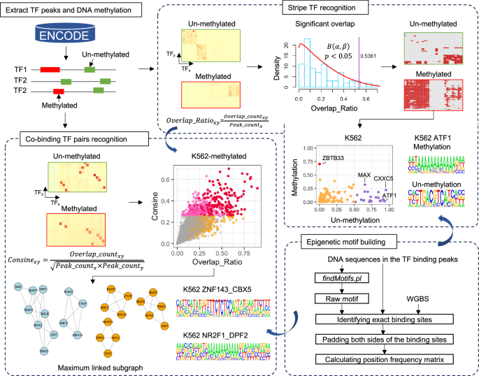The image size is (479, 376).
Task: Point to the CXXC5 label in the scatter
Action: pos(384,178)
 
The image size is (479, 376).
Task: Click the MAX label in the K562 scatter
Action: pos(365,174)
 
